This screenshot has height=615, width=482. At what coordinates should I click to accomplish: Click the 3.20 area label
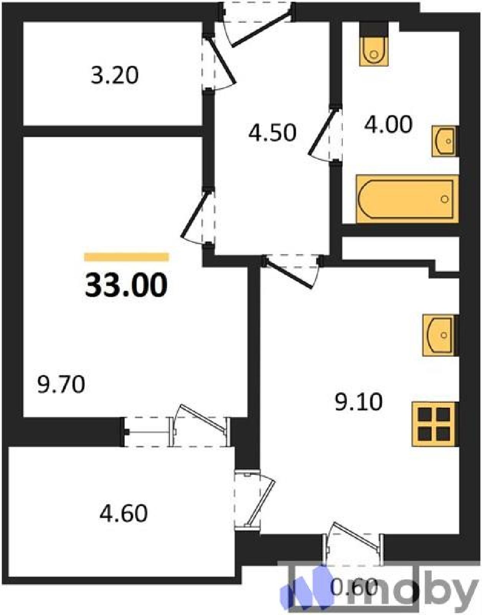(x=115, y=76)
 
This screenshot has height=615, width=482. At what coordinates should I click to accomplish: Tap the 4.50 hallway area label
(x=272, y=133)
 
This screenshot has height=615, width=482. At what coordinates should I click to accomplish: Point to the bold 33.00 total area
(x=126, y=284)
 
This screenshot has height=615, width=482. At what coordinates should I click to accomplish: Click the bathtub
(x=407, y=199)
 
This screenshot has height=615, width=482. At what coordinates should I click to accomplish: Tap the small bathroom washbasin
(x=444, y=141)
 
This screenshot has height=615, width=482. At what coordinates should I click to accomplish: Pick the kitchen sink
(x=440, y=335)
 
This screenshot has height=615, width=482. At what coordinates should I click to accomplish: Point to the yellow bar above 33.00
(x=126, y=257)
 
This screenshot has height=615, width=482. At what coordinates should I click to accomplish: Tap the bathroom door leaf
(x=324, y=131)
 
